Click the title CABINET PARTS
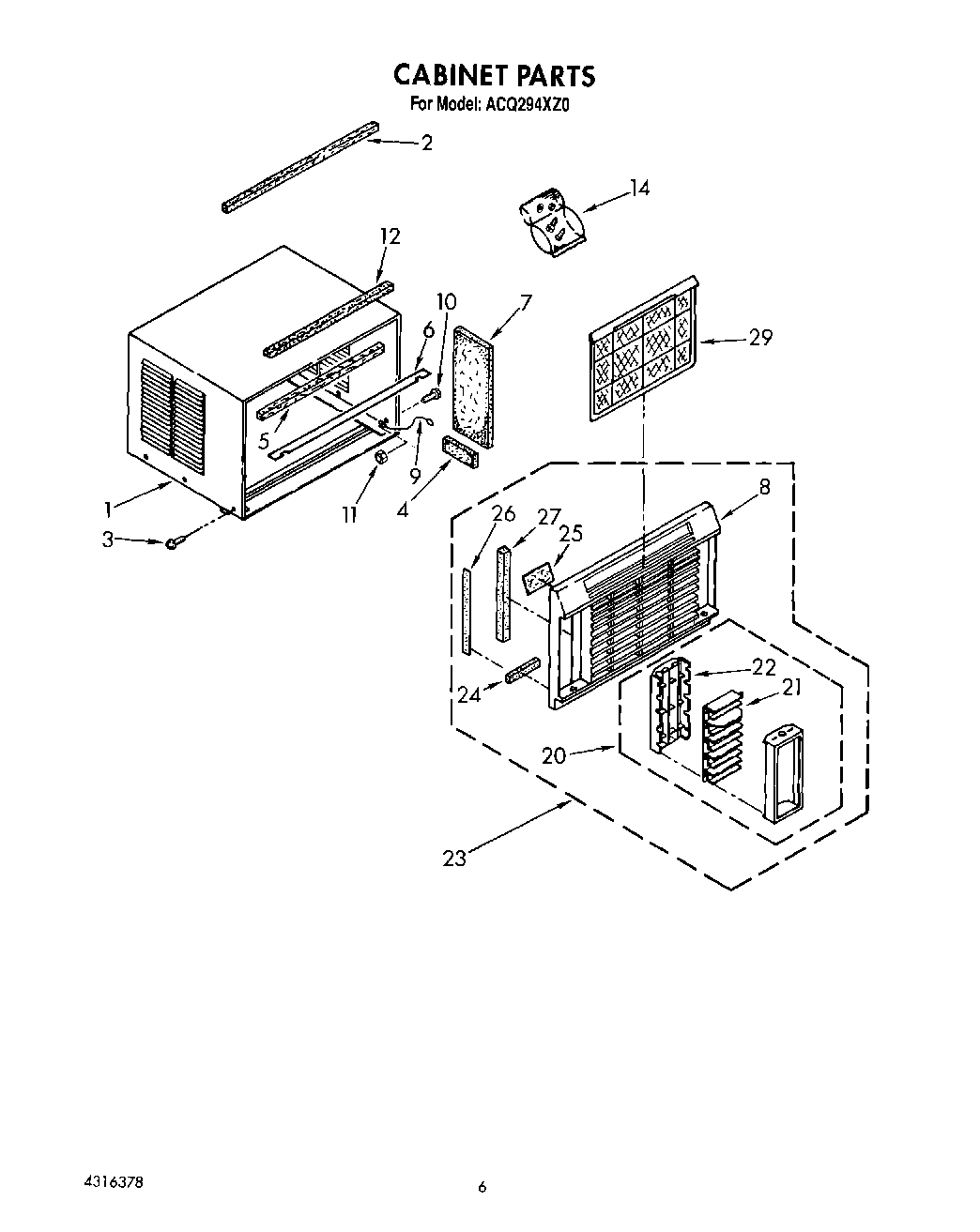point(493,74)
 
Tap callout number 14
point(638,188)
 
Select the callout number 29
point(760,337)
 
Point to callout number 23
point(454,858)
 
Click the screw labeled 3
point(174,543)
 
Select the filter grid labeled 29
point(645,348)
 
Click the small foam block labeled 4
point(459,451)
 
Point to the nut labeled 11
point(383,457)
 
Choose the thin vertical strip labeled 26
point(466,610)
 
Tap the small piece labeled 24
point(523,672)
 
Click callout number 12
point(389,236)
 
